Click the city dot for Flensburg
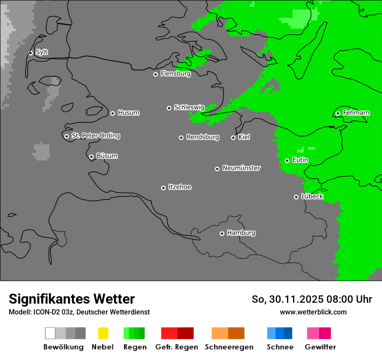[x=155, y=74]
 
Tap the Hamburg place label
[x=241, y=233]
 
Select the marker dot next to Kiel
[x=233, y=137]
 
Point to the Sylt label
[x=42, y=52]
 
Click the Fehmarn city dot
[x=338, y=113]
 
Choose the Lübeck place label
[x=312, y=196]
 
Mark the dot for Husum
[x=112, y=113]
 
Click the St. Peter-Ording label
[x=95, y=136]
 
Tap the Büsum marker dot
[x=91, y=157]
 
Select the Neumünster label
[x=241, y=168]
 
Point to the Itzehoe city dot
[x=163, y=188]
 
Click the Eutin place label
[x=300, y=160]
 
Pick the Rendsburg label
[x=203, y=137]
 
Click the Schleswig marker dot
[x=169, y=108]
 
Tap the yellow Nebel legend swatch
[x=103, y=333]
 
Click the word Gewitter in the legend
[x=320, y=347]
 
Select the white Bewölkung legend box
[x=50, y=333]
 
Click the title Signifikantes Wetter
[x=72, y=299]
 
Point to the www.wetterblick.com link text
[x=313, y=312]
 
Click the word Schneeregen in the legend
[x=229, y=347]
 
